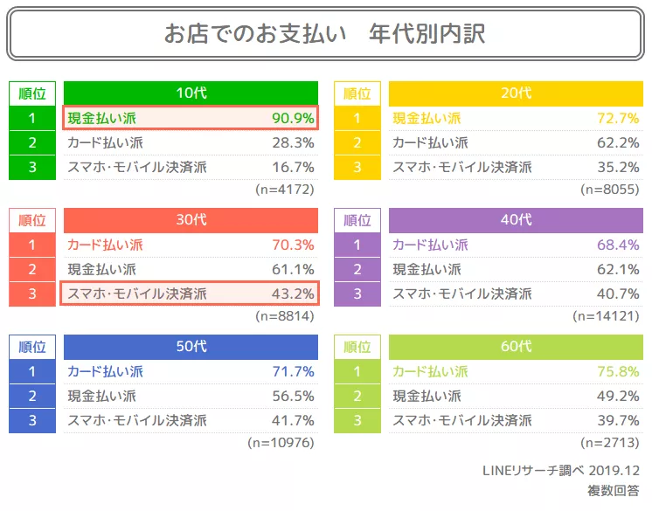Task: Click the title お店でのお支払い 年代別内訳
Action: [x=325, y=34]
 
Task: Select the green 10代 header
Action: [x=191, y=93]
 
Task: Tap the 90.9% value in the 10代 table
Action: [x=293, y=118]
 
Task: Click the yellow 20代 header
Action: [x=516, y=93]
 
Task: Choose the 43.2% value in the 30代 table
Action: [x=293, y=293]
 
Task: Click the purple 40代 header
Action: [x=516, y=220]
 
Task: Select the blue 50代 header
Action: [x=191, y=347]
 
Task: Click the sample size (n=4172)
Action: [x=285, y=189]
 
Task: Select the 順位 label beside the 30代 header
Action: [x=32, y=220]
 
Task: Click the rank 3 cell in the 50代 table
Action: [x=32, y=420]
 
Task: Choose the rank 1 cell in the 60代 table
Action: [x=357, y=371]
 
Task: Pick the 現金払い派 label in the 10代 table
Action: [x=102, y=118]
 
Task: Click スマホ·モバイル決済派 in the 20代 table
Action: [x=462, y=167]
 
